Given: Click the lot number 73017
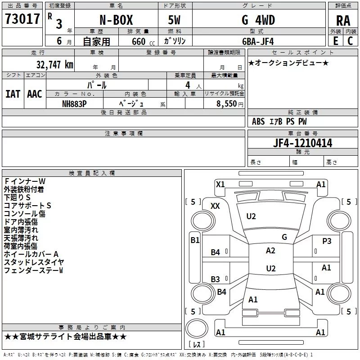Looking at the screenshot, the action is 22,19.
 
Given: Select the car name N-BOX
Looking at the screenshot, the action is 116,20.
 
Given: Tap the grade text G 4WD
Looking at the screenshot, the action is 258,20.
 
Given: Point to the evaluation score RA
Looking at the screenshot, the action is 343,21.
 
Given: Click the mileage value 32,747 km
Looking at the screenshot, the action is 55,65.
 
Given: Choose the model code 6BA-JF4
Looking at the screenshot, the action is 258,41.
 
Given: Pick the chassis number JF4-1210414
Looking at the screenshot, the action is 302,143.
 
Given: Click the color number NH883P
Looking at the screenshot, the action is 74,104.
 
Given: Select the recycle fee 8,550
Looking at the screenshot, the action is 227,104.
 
